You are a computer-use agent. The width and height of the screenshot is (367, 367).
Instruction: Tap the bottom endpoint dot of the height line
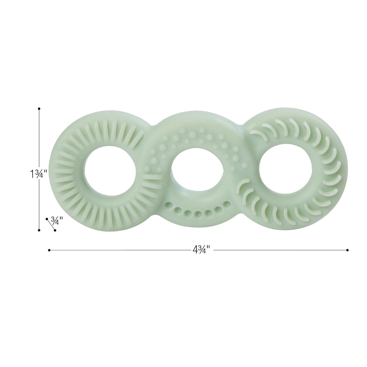tap(39, 230)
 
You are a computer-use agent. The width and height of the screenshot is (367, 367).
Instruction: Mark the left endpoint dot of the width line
tap(49, 250)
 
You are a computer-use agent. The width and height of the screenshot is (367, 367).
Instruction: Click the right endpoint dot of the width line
tap(347, 250)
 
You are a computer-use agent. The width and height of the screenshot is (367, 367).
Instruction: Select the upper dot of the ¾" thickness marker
tap(47, 219)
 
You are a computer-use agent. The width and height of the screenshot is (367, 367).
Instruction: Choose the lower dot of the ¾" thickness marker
tap(55, 230)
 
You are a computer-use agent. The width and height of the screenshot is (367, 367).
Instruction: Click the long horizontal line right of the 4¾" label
tap(279, 250)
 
